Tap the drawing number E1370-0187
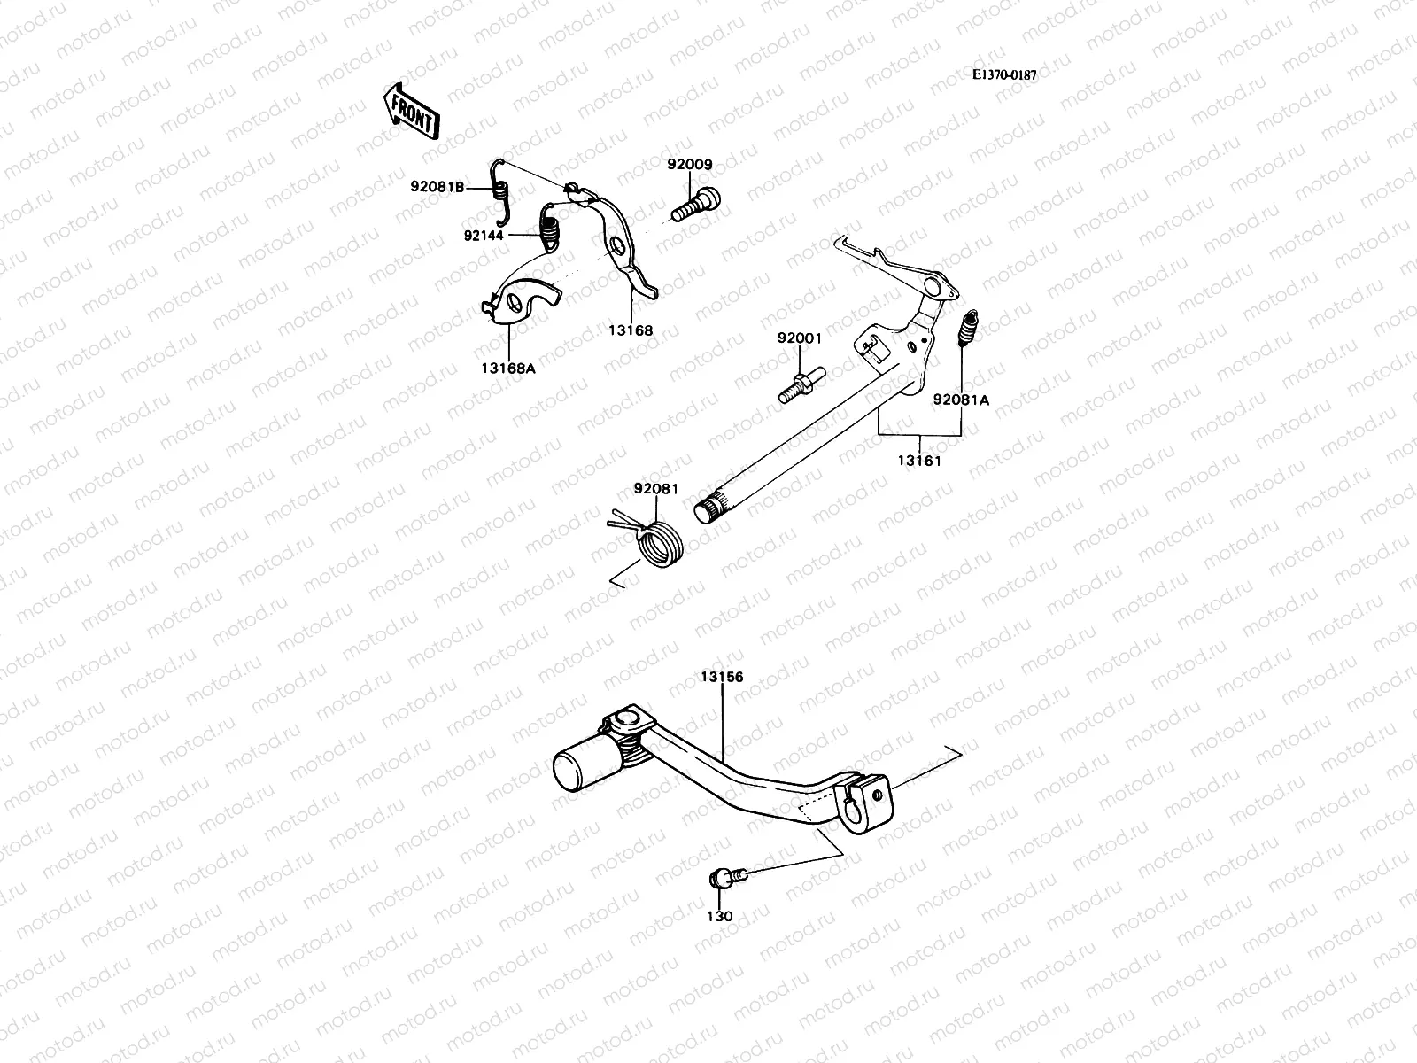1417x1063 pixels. pyautogui.click(x=1003, y=74)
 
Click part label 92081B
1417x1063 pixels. pyautogui.click(x=437, y=187)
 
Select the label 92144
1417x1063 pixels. pyautogui.click(x=483, y=236)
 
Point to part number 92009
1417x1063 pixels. pyautogui.click(x=690, y=165)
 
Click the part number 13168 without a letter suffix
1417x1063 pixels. pyautogui.click(x=630, y=330)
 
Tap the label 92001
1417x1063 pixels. pyautogui.click(x=800, y=338)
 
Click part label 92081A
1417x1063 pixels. pyautogui.click(x=961, y=400)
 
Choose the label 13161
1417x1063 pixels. pyautogui.click(x=918, y=461)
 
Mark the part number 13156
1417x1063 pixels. pyautogui.click(x=722, y=677)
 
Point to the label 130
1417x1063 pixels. pyautogui.click(x=720, y=917)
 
